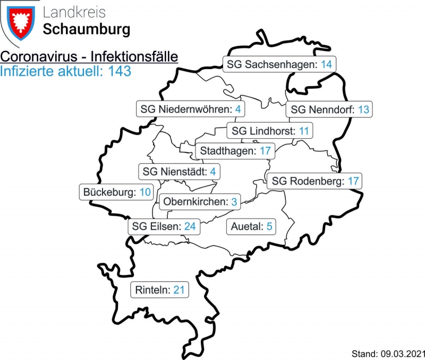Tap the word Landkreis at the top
[74, 12]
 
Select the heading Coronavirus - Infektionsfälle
[89, 57]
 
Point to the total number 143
[119, 71]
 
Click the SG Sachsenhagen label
[279, 64]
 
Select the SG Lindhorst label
[270, 130]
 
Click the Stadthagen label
[235, 150]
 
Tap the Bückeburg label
[117, 192]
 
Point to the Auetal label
[251, 227]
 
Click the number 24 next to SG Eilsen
[190, 227]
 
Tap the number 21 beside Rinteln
[179, 290]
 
